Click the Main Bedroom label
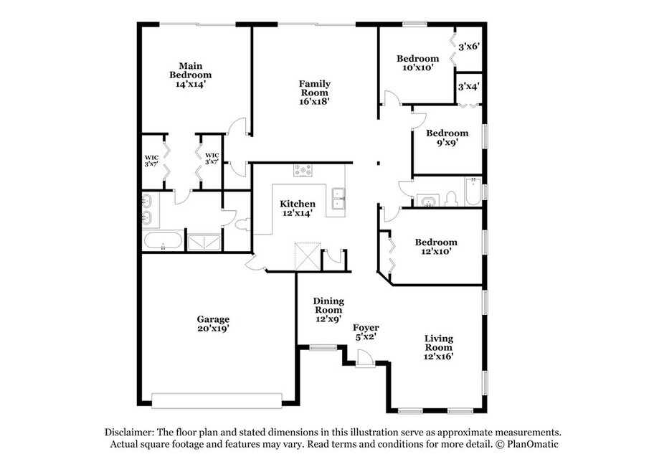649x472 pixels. click(x=190, y=75)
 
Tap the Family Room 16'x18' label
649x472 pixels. click(x=315, y=93)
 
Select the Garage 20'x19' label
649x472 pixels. click(x=213, y=324)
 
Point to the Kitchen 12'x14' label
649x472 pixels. click(x=297, y=208)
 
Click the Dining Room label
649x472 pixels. click(x=328, y=306)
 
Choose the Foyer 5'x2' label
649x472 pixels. click(x=366, y=332)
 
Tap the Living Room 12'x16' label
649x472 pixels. click(x=439, y=347)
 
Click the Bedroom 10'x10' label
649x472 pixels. click(x=417, y=62)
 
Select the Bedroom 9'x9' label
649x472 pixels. click(x=447, y=138)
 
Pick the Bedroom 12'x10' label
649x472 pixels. click(x=436, y=246)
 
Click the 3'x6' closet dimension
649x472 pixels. click(x=469, y=47)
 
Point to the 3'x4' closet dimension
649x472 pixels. click(x=468, y=87)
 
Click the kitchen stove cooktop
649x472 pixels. click(x=303, y=170)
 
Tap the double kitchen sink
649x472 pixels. click(x=338, y=199)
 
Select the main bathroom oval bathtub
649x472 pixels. click(x=163, y=240)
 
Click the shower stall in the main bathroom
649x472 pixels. click(x=204, y=242)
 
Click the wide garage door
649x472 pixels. click(x=217, y=400)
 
